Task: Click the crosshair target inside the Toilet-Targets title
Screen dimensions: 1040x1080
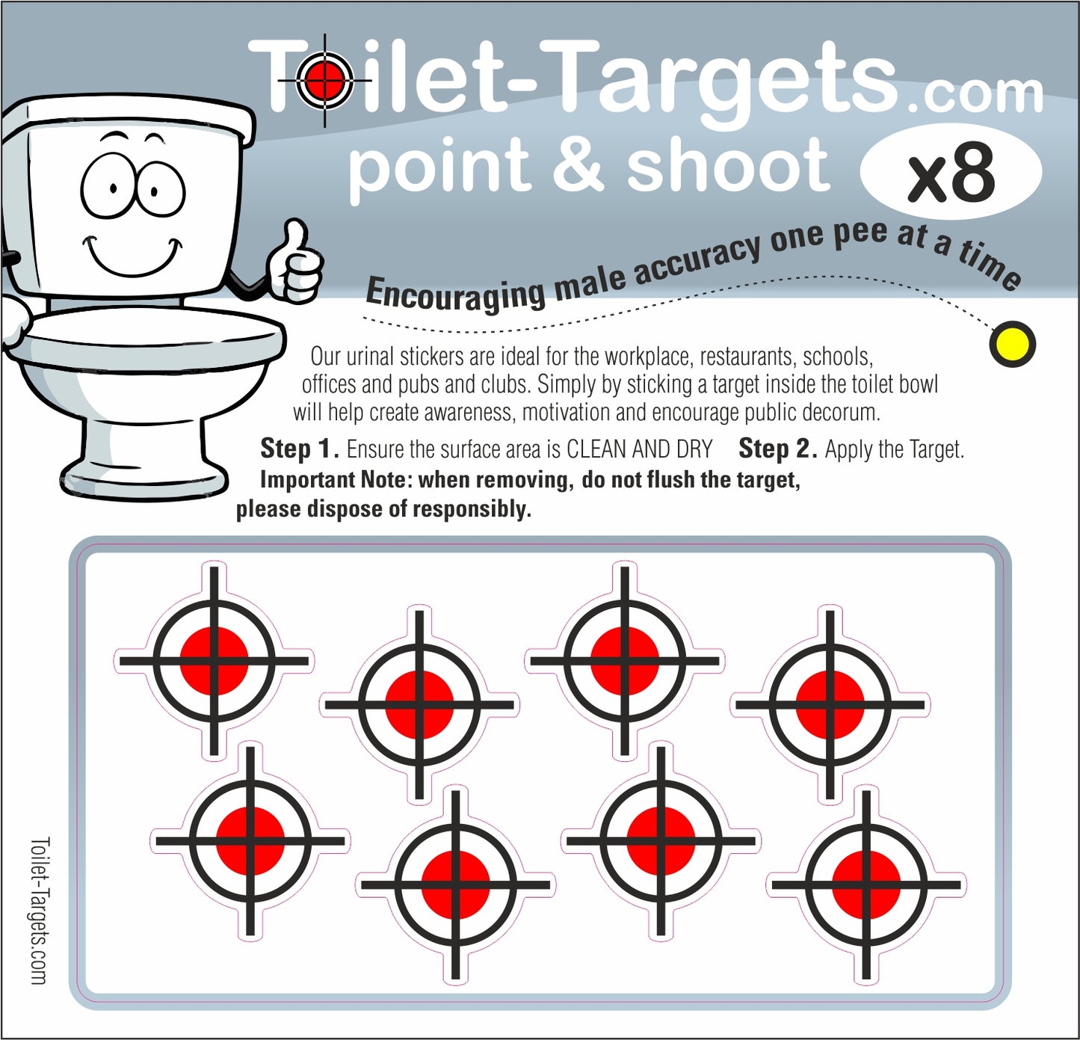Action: pos(325,79)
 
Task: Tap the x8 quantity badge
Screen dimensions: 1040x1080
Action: pos(951,172)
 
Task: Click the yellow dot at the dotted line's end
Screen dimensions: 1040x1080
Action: pos(1012,345)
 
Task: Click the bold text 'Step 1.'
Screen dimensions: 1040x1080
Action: pos(299,449)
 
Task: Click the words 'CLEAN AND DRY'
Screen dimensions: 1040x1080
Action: pos(639,449)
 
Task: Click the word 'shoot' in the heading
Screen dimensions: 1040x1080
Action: pos(728,164)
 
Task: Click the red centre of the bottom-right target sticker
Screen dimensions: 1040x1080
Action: pos(866,884)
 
